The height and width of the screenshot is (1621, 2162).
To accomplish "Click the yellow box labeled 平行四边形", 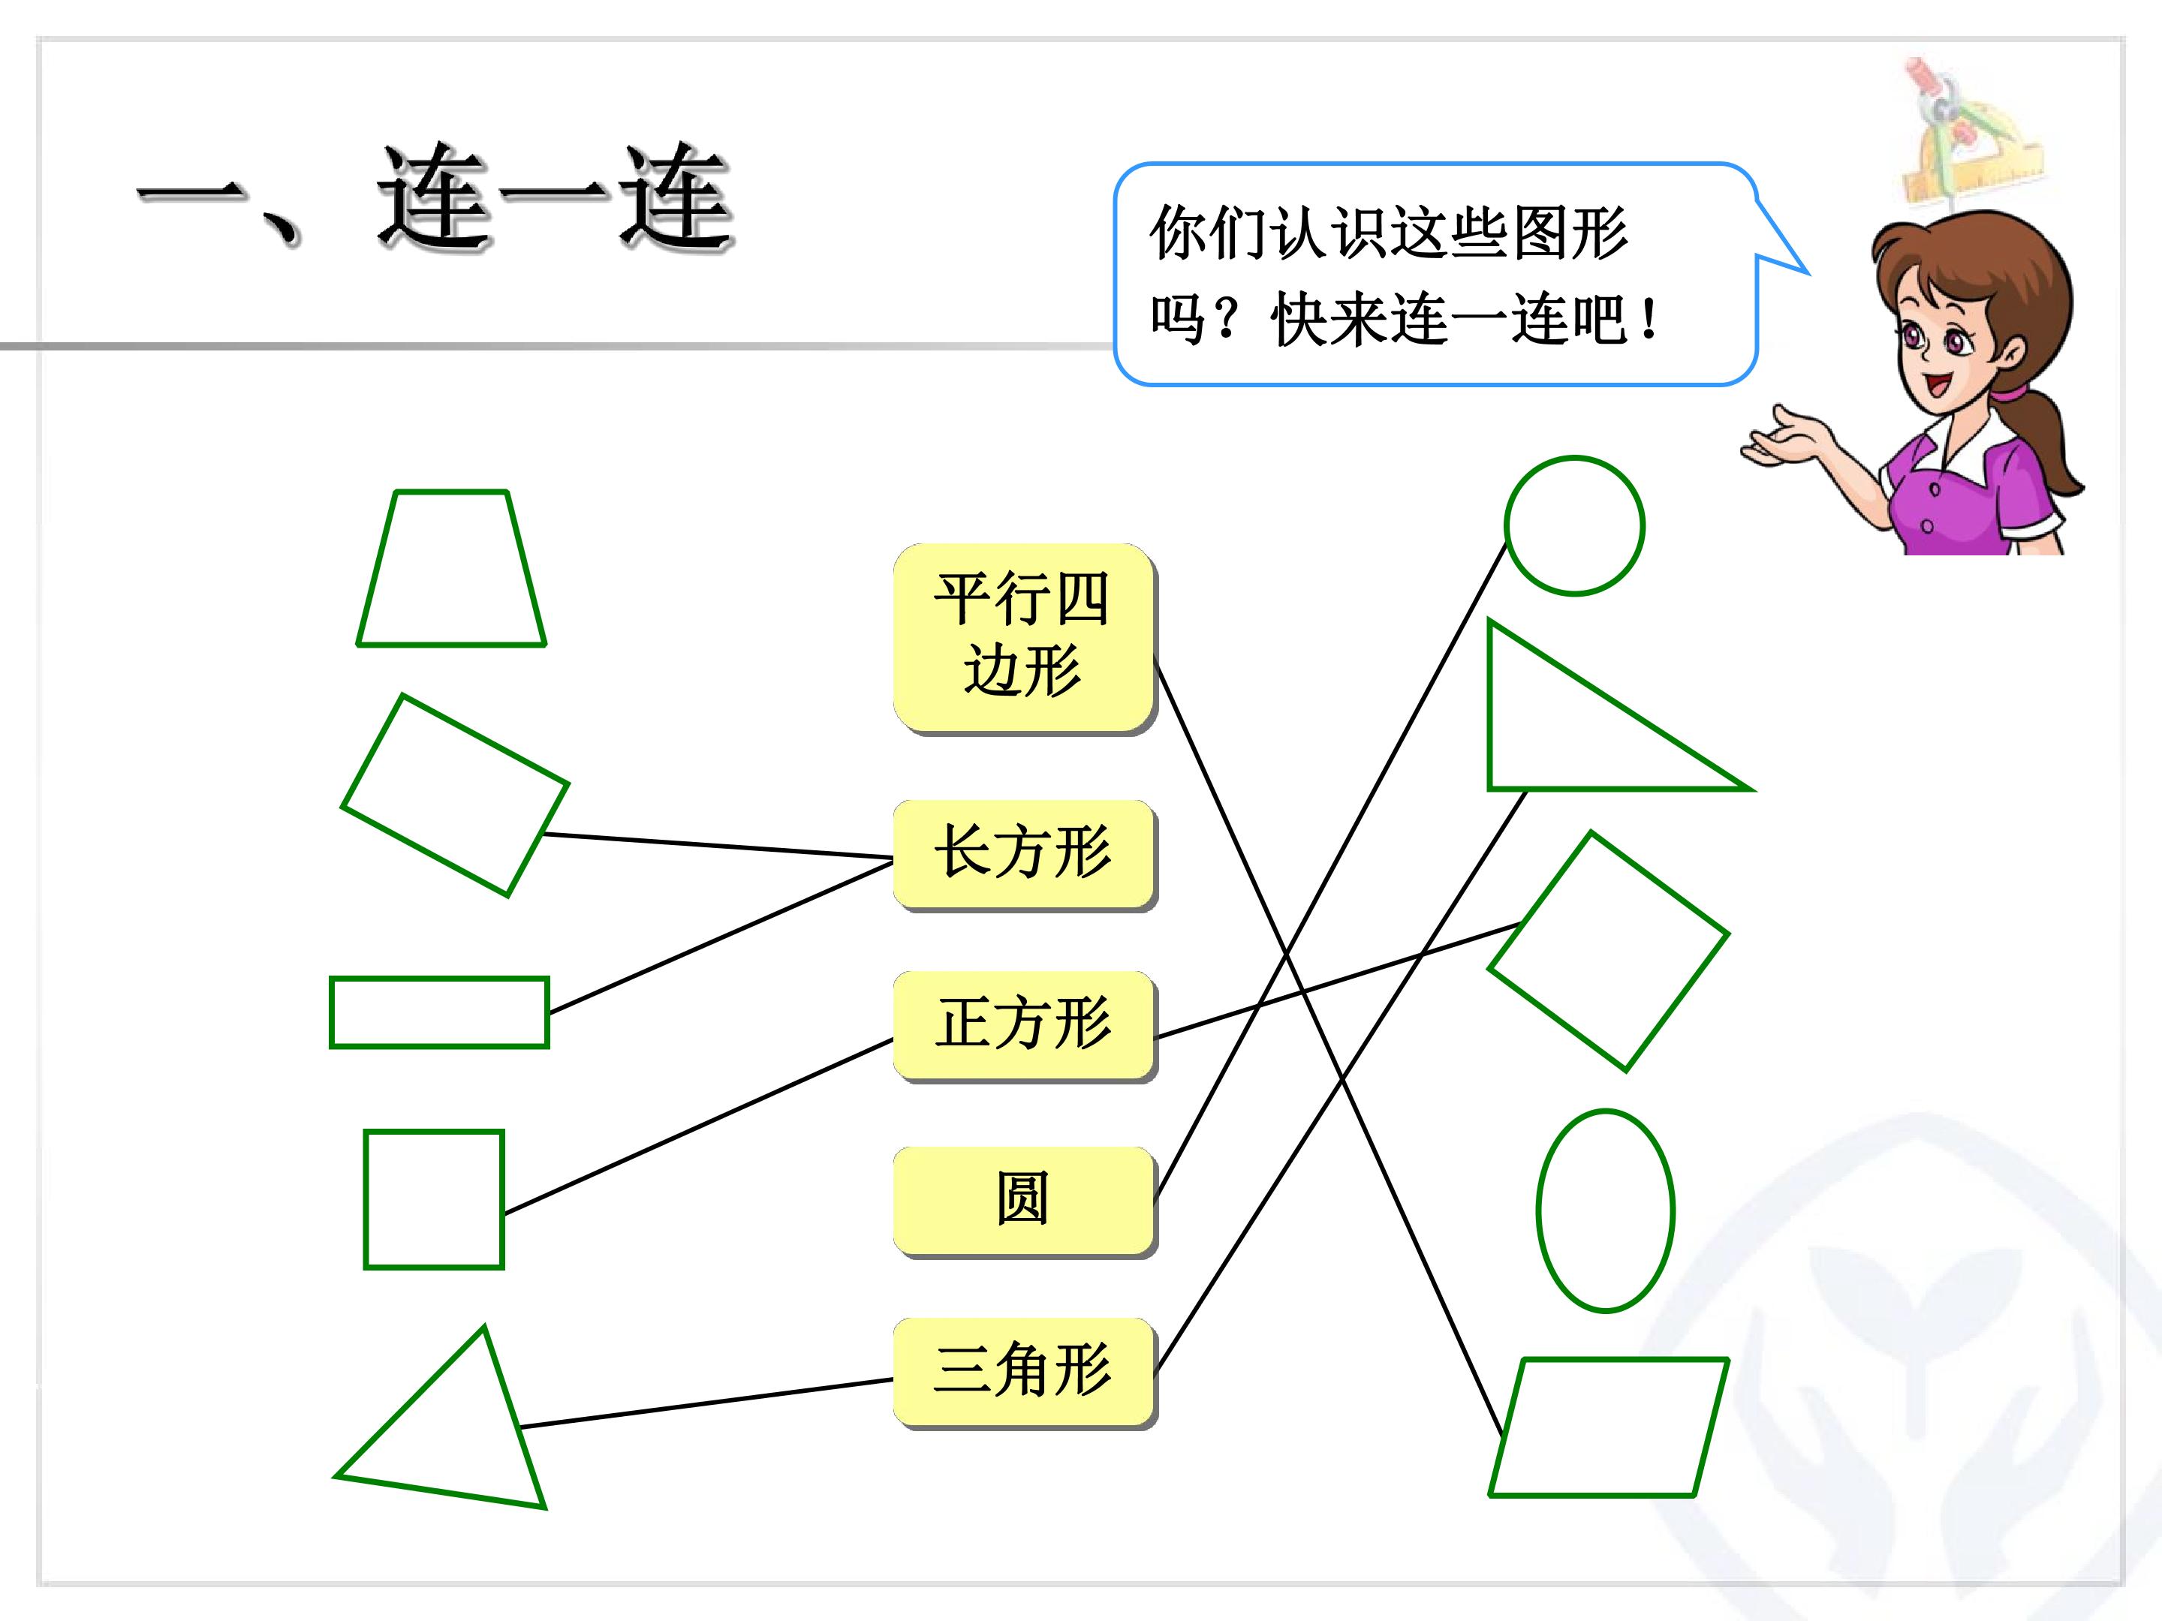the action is [x=1024, y=638].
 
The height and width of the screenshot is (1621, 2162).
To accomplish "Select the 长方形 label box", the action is [x=1024, y=855].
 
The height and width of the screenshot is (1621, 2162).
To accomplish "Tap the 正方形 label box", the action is [x=1024, y=1026].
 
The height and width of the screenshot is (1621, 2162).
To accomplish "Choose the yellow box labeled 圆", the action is [x=1024, y=1201].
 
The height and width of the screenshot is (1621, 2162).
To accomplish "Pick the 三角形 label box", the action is [x=1024, y=1373].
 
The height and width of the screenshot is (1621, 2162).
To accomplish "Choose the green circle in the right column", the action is [x=1506, y=525].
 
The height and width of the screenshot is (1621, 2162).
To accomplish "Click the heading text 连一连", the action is [x=556, y=198].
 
